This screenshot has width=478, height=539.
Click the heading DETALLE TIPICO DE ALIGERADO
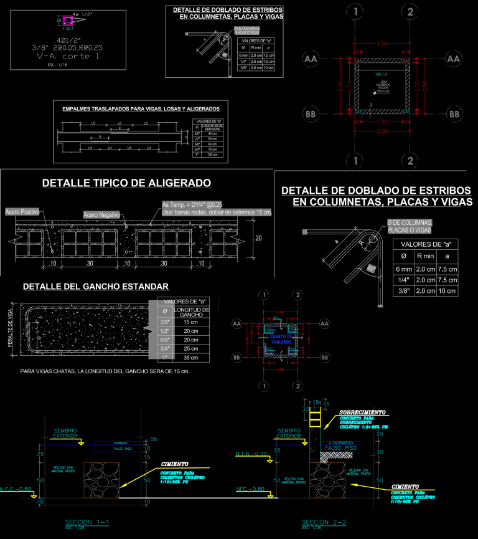pos(126,183)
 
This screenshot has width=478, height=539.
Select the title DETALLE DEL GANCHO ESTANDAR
pos(95,287)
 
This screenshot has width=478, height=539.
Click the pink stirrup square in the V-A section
pos(68,21)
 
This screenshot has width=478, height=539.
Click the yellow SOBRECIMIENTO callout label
pos(363,413)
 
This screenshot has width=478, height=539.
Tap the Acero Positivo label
pos(22,212)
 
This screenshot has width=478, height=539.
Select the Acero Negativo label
pos(101,215)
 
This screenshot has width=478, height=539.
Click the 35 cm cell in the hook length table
pos(190,358)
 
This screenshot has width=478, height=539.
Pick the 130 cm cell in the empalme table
pos(212,155)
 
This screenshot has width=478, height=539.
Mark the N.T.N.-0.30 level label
pos(251,454)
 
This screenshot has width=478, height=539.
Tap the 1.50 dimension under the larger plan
pos(382,122)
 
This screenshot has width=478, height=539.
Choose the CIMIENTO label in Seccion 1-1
pos(175,464)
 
